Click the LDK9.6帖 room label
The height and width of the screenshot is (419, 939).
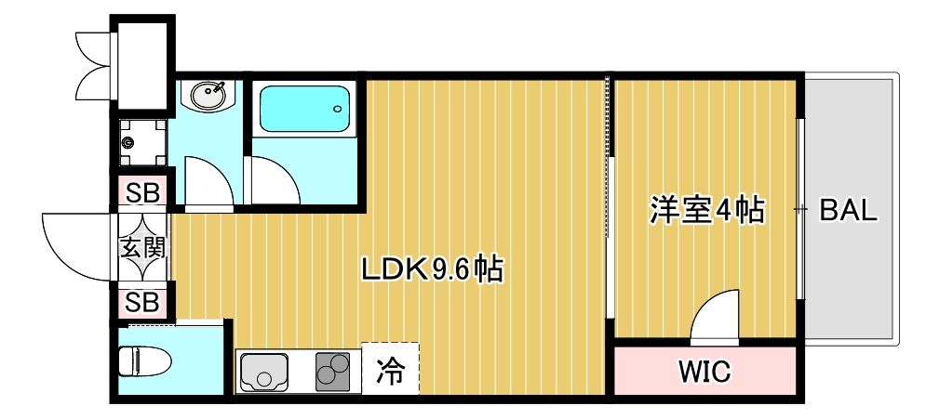433,270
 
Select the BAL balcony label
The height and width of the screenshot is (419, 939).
848,211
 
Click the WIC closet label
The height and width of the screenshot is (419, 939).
704,372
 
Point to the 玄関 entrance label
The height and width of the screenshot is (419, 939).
142,248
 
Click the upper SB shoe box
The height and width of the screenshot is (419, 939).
143,193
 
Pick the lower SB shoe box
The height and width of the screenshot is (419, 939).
142,302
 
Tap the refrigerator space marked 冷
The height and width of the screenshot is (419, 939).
390,373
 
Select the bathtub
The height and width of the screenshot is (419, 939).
306,110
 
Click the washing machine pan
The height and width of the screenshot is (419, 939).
142,143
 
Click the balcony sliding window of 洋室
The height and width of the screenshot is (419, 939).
799,209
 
